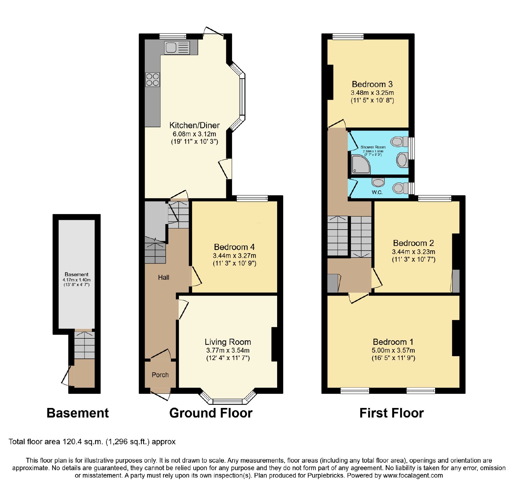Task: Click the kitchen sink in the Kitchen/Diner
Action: pos(177,48)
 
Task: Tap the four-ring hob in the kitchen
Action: pos(152,79)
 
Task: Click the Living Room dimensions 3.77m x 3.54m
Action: pos(228,350)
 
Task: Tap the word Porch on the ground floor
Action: pos(160,375)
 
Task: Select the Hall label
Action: pos(163,277)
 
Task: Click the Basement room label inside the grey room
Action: pos(76,274)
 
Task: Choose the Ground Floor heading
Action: pos(211,413)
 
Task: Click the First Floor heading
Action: pos(392,413)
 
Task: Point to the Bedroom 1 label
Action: pos(393,342)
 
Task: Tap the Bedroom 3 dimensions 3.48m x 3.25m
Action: pos(372,93)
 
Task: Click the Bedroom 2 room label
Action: pos(413,243)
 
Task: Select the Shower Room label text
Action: pos(373,147)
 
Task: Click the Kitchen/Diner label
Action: pos(195,125)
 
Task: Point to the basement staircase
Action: pos(84,345)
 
